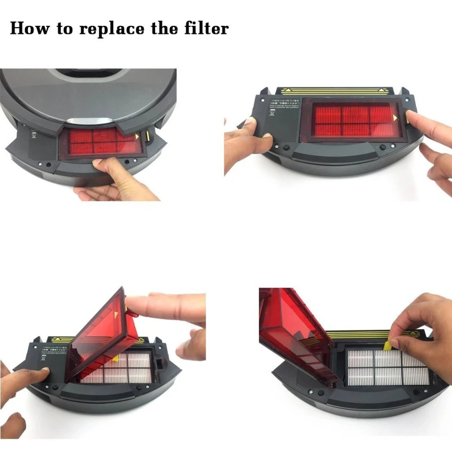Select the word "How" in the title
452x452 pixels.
pos(29,28)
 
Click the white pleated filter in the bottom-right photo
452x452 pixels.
pos(384,368)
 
